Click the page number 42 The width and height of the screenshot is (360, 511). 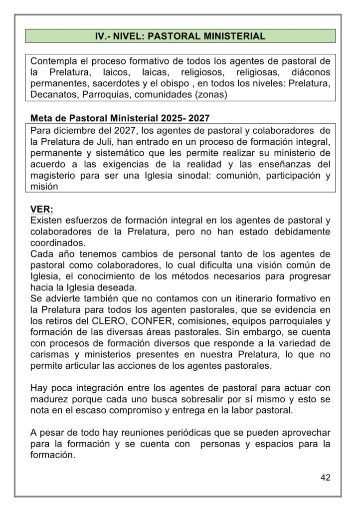(x=325, y=478)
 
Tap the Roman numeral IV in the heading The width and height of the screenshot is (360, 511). (x=101, y=36)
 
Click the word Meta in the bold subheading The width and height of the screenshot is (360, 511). (x=42, y=119)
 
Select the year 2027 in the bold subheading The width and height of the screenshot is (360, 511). (x=197, y=119)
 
